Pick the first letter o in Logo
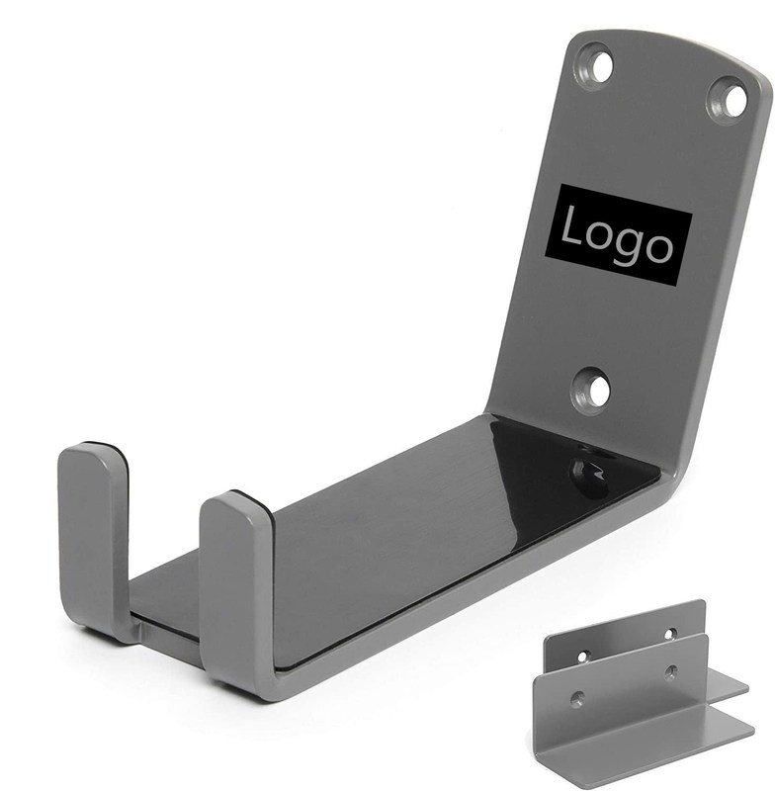[x=595, y=235]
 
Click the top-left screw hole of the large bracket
[x=595, y=66]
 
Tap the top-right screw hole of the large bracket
[x=728, y=100]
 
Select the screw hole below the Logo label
[x=591, y=391]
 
